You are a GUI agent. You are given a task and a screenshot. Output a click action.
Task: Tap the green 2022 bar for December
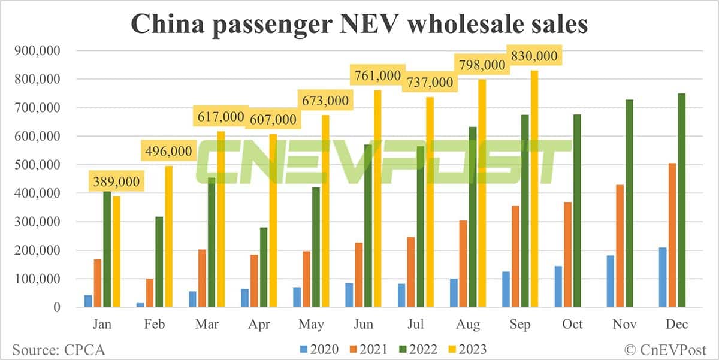click(681, 200)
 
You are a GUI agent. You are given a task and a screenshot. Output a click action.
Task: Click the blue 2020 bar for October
click(558, 286)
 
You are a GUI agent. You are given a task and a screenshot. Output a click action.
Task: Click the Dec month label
click(676, 324)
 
